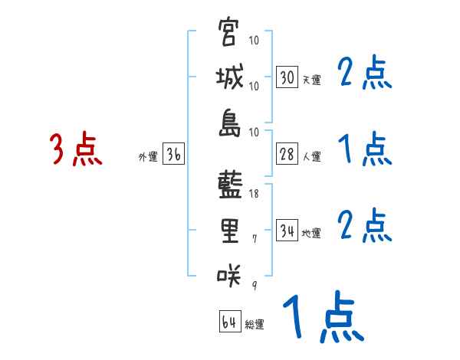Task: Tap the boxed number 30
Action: pos(287,78)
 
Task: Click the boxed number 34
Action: pos(287,231)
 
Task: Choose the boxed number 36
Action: pos(173,155)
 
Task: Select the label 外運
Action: pos(147,157)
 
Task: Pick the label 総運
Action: pos(255,325)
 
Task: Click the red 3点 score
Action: pos(75,149)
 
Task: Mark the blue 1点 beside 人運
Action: pos(365,149)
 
